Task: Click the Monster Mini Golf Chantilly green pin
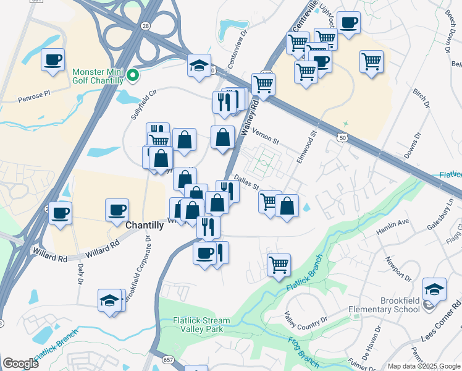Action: tap(132, 76)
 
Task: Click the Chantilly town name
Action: tap(145, 226)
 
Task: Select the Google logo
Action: tap(20, 363)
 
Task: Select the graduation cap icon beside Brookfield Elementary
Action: tap(434, 289)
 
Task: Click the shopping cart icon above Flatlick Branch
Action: tap(279, 265)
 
